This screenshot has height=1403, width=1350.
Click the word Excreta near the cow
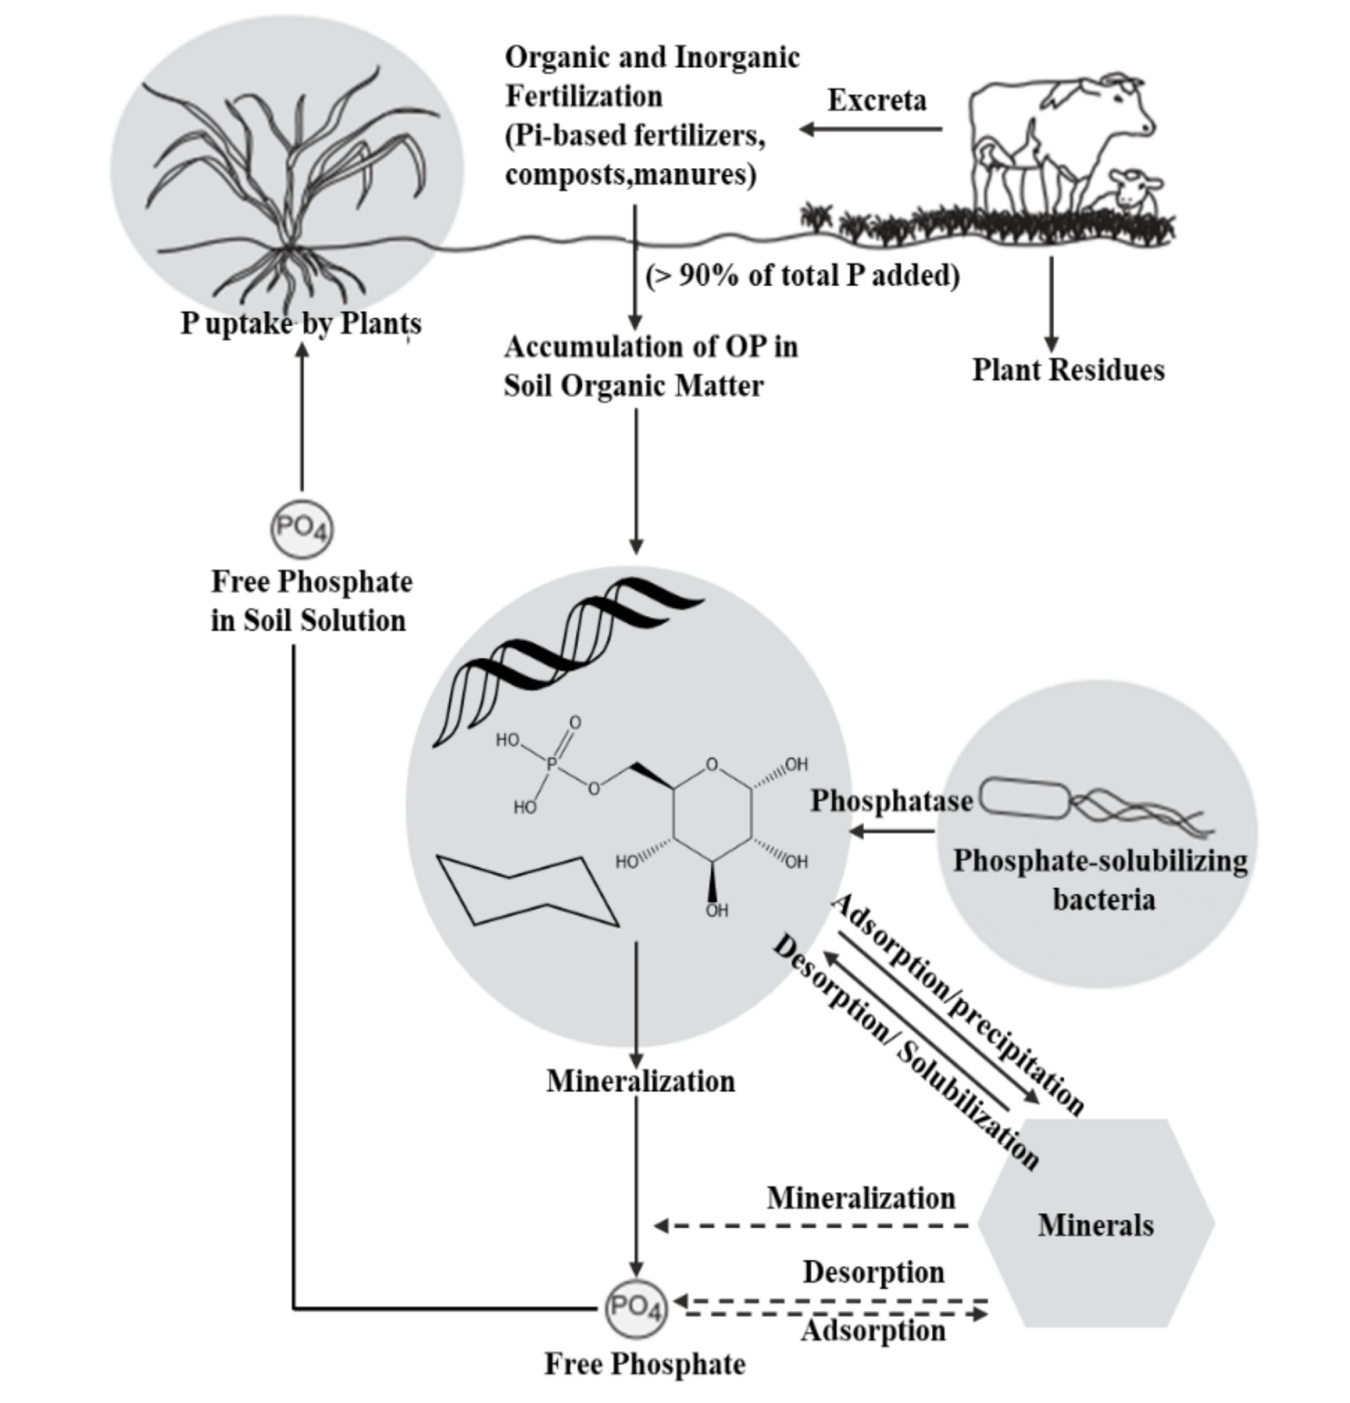877,100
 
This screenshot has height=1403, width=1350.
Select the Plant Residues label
1068,370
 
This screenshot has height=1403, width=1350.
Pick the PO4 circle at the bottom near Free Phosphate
635,1308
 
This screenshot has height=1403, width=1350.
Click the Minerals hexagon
1095,1225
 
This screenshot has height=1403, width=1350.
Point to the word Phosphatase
891,801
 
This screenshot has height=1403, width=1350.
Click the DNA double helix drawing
566,659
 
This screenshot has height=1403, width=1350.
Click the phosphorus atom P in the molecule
551,765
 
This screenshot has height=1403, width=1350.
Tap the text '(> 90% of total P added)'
802,276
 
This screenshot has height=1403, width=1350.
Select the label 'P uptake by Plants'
301,324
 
